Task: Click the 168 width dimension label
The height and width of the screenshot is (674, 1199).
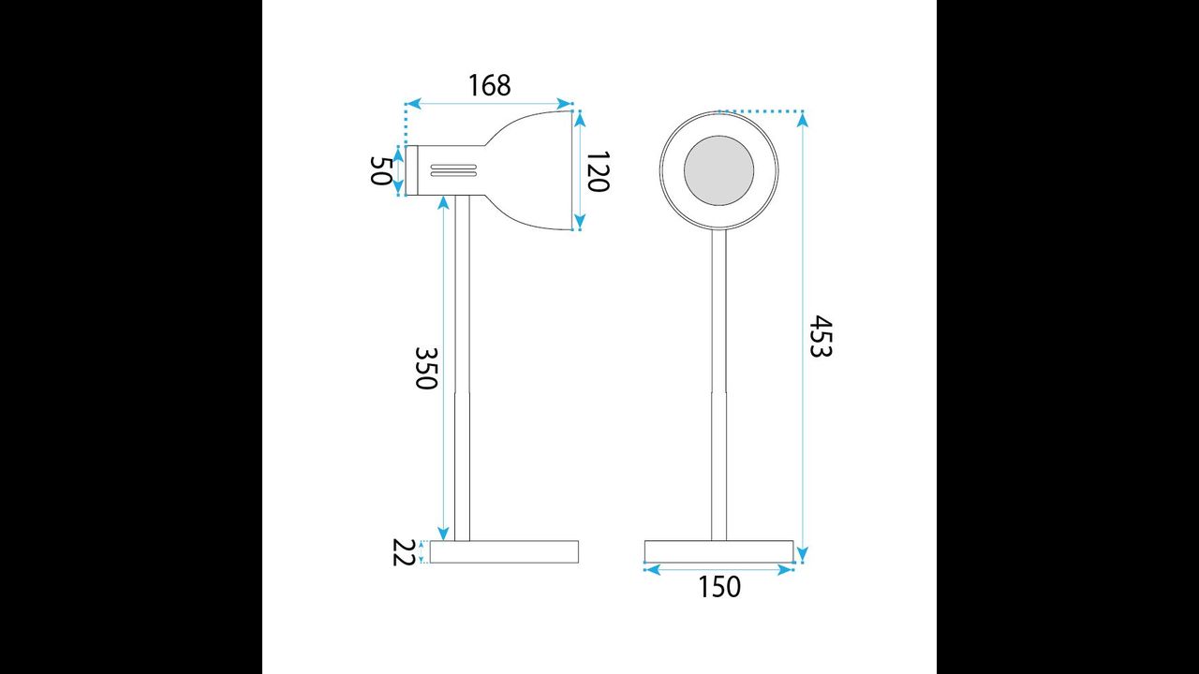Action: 489,85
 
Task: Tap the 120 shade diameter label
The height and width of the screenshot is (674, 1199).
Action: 598,171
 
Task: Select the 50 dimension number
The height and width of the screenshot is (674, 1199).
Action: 381,170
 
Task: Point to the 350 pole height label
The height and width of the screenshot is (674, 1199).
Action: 426,369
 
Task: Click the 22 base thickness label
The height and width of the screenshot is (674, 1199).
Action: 404,552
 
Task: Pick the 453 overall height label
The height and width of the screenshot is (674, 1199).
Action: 820,336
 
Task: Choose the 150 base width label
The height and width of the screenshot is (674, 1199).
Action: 719,587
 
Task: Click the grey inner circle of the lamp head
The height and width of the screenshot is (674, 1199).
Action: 718,170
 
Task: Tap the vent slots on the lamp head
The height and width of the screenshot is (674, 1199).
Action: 453,170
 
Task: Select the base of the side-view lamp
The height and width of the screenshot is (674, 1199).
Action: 504,552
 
